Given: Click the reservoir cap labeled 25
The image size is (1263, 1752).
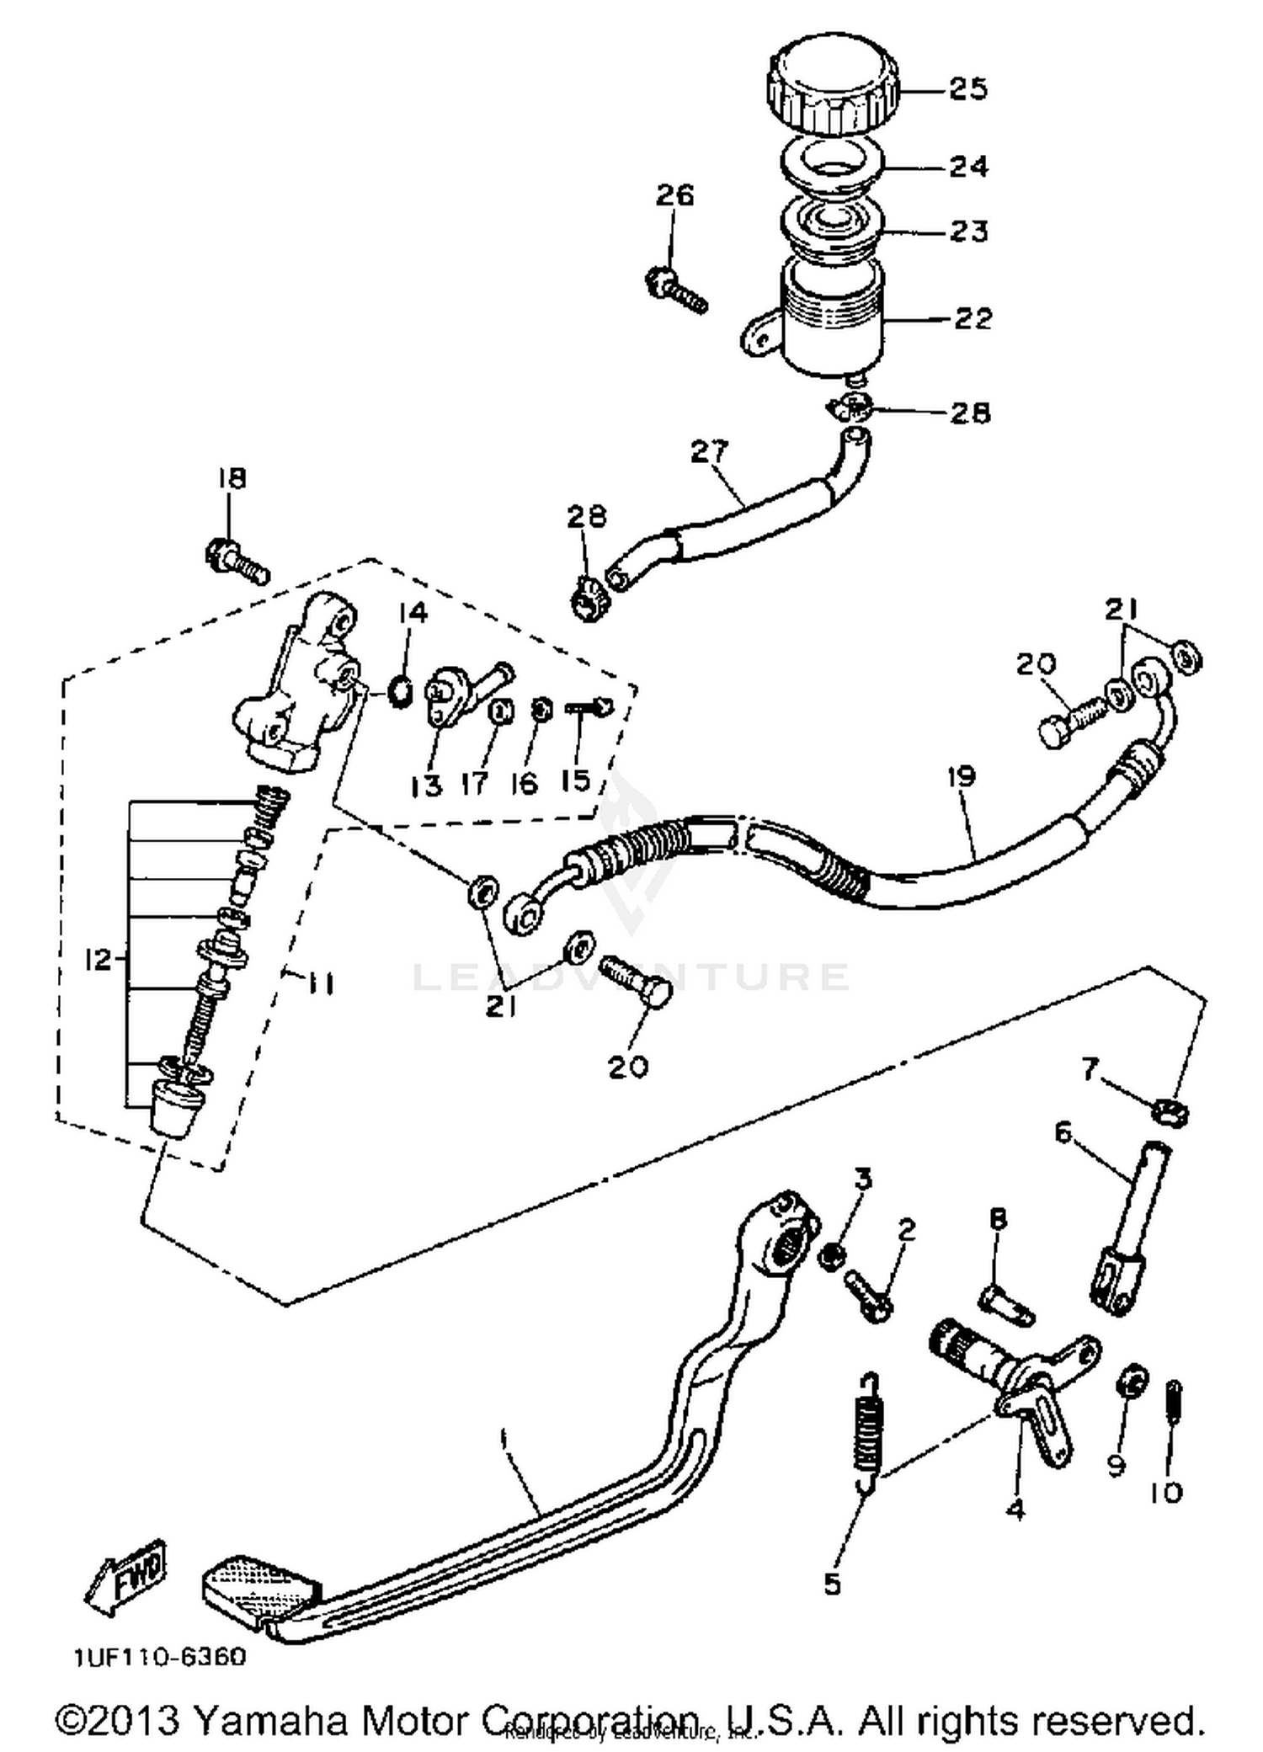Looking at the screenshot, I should (833, 91).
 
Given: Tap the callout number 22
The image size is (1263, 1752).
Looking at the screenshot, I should (973, 319).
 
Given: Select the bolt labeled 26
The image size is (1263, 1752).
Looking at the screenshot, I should (676, 290).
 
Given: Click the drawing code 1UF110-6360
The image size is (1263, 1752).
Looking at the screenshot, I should (160, 1657).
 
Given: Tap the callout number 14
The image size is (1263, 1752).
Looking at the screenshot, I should (412, 612).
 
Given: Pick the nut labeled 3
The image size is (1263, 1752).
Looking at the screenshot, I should (831, 1256).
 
